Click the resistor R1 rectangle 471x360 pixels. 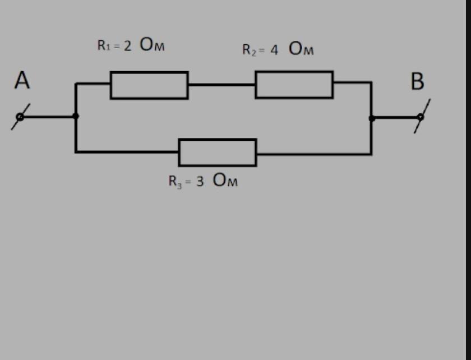[149, 85]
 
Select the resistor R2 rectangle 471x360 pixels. [294, 85]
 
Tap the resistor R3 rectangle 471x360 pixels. [218, 153]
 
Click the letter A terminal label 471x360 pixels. [22, 81]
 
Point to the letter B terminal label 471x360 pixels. [417, 82]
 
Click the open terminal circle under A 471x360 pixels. [20, 117]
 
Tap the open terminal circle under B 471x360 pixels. [420, 117]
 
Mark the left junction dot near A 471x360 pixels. [76, 116]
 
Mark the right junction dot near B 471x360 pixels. [371, 118]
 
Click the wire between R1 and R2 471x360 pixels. [221, 85]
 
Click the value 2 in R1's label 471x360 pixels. [128, 46]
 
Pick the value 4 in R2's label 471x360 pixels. [274, 50]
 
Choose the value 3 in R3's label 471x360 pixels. [200, 181]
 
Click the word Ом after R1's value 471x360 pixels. [152, 45]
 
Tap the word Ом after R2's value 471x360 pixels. [301, 49]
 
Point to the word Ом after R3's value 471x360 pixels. [225, 181]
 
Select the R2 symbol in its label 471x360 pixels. [250, 50]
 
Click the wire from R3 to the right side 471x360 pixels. [314, 153]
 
